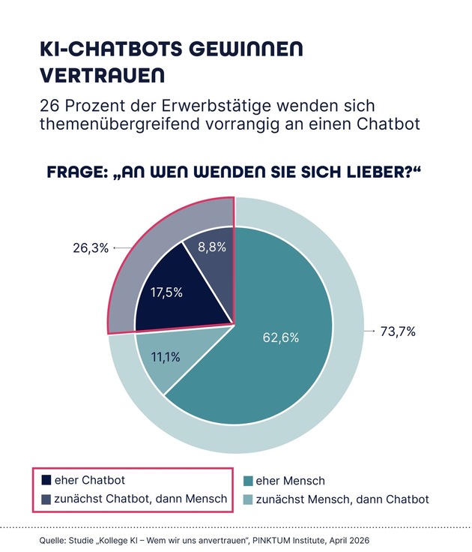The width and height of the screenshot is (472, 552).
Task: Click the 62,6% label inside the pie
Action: click(x=281, y=337)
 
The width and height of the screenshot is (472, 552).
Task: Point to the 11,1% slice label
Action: click(x=166, y=357)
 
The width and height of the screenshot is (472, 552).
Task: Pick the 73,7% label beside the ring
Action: click(x=399, y=331)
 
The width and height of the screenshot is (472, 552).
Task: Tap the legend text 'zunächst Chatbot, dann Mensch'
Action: click(x=136, y=499)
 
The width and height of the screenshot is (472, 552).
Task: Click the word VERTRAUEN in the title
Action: click(x=102, y=76)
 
